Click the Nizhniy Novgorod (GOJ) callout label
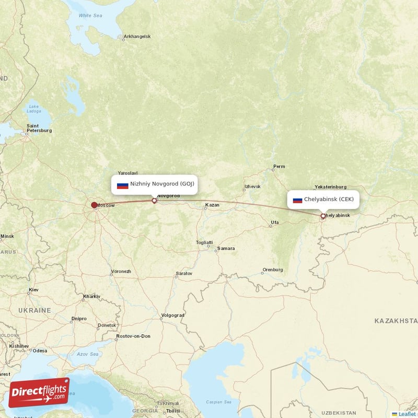point(155,184)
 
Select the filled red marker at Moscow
point(94,205)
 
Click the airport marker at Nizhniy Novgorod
point(154,200)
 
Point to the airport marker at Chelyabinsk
point(323,215)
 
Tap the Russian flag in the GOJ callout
point(123,185)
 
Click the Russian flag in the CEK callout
point(297,200)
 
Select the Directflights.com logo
point(39,392)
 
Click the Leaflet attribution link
point(406,414)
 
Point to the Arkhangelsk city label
point(137,37)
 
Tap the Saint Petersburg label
point(39,128)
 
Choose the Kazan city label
point(212,205)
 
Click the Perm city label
point(280,167)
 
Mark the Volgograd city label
point(172,315)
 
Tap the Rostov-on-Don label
point(133,336)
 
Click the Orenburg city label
point(273,270)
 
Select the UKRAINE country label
point(35,310)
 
